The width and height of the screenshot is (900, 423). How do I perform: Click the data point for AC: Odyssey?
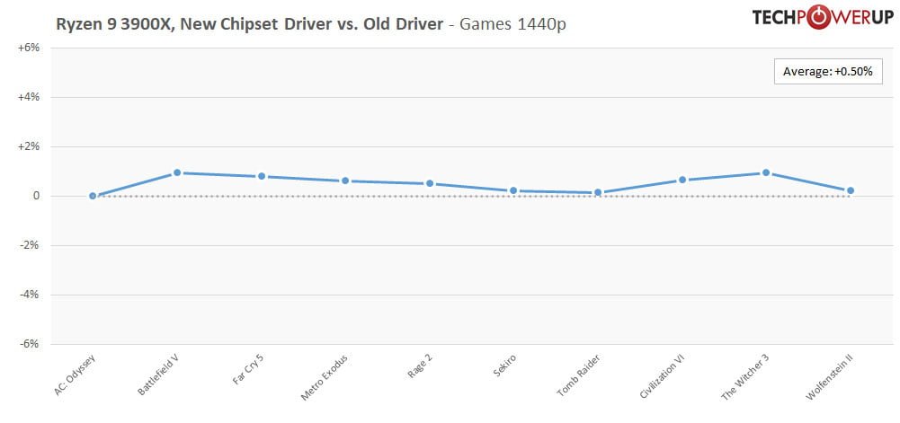point(93,196)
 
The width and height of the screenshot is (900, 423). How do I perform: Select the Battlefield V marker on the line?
point(177,172)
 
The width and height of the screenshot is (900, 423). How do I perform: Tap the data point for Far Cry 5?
point(262,176)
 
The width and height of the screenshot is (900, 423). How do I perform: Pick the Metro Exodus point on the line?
point(345,181)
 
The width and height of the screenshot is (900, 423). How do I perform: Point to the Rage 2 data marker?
point(430,183)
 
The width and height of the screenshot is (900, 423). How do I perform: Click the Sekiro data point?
point(513,190)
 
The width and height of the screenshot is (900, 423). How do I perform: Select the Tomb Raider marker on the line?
point(598,192)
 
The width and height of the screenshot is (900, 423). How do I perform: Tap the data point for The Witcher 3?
point(766,172)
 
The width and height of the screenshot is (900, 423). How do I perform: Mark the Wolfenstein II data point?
point(851,190)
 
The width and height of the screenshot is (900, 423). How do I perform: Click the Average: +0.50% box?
point(828,71)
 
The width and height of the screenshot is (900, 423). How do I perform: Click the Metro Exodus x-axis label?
point(326,378)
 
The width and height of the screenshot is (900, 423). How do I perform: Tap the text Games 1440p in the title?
point(512,24)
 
